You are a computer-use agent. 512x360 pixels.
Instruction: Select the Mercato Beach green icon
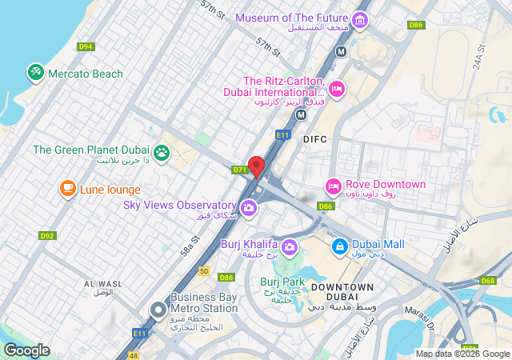coord(35,73)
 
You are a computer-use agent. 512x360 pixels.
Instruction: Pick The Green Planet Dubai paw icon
coord(162,151)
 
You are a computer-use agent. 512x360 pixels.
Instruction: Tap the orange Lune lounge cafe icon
coord(68,189)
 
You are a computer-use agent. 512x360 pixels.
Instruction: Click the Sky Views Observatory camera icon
coord(249,209)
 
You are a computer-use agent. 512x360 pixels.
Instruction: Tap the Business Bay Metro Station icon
coord(158,308)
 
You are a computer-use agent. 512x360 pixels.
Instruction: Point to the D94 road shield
coord(86,46)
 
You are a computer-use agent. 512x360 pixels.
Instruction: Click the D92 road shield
coord(47,236)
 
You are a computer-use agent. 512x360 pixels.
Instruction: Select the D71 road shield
coord(239,170)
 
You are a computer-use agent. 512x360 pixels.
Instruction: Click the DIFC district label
coord(316,139)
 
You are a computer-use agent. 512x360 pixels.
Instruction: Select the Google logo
coord(26,350)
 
